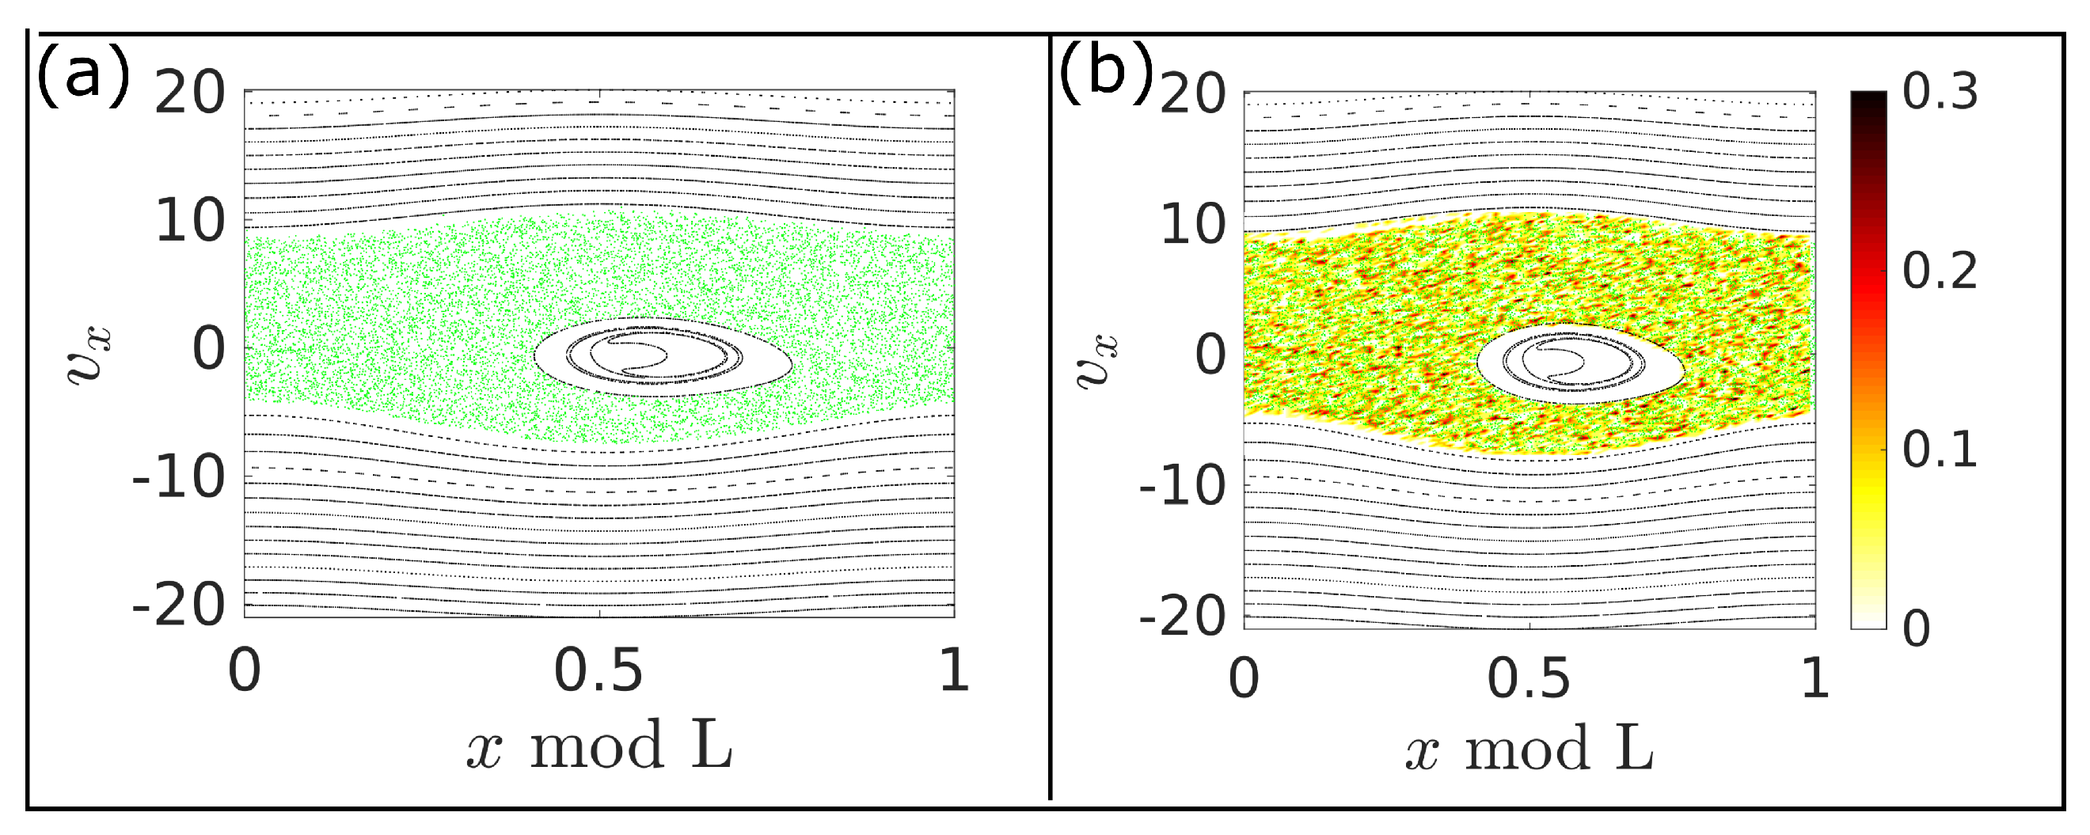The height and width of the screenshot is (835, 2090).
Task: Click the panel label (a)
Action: click(x=83, y=74)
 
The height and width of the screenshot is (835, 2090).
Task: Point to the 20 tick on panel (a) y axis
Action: click(x=190, y=93)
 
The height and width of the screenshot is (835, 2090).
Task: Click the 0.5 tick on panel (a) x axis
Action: click(x=598, y=671)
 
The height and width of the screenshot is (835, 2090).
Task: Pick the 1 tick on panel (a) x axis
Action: click(x=954, y=671)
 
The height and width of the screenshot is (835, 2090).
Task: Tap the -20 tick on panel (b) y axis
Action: click(x=1182, y=617)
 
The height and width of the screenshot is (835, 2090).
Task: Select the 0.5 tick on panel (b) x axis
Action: click(x=1529, y=677)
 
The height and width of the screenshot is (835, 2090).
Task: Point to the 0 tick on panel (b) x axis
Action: click(x=1244, y=677)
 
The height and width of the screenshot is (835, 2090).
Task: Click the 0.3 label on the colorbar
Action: click(x=1940, y=92)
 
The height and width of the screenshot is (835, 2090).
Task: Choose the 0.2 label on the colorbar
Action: click(x=1940, y=270)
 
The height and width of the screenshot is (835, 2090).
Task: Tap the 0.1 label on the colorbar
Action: click(x=1940, y=449)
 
